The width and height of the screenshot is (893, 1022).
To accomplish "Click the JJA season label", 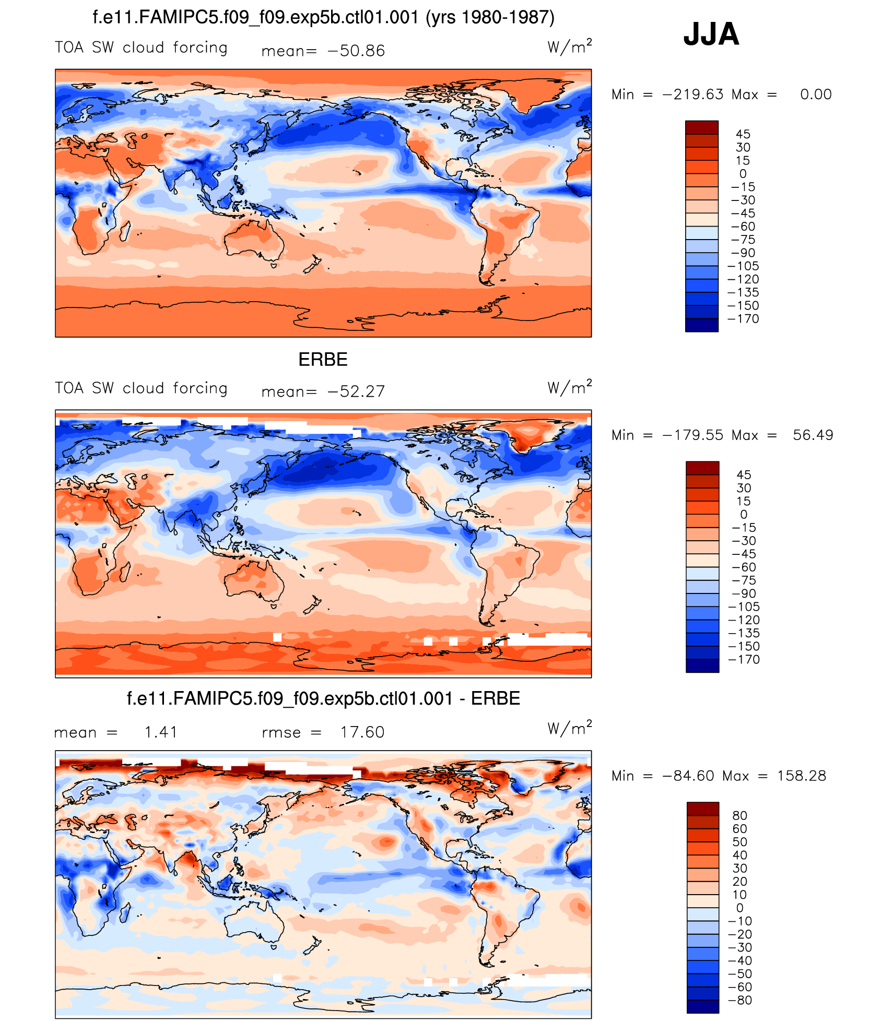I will click(x=711, y=34).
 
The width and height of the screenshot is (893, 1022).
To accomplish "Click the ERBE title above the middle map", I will click(x=323, y=360).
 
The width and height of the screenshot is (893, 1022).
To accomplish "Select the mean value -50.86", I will click(x=356, y=51).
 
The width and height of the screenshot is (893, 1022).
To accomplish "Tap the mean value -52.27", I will click(x=356, y=391).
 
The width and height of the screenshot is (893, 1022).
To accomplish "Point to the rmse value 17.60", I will click(x=362, y=732).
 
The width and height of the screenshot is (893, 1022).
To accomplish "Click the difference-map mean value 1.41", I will click(x=161, y=732).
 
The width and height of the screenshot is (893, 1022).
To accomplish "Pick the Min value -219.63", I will click(x=692, y=94).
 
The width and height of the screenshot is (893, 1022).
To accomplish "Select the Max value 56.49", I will click(x=813, y=435).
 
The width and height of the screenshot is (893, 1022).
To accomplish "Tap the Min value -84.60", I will click(x=688, y=776).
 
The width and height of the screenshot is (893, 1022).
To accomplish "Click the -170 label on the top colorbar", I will click(x=743, y=319).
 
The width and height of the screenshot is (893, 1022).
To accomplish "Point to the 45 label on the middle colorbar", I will click(x=744, y=475).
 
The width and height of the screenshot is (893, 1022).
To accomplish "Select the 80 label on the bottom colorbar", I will click(x=739, y=815).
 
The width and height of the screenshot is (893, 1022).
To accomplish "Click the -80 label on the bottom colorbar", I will click(x=740, y=1000).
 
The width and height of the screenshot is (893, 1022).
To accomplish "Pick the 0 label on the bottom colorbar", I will click(x=739, y=908).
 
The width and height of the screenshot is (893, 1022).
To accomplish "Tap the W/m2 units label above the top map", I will click(x=569, y=46).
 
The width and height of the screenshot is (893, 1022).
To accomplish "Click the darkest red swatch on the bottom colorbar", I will click(x=702, y=809).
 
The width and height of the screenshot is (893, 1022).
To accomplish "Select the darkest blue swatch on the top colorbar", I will click(x=701, y=325).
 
